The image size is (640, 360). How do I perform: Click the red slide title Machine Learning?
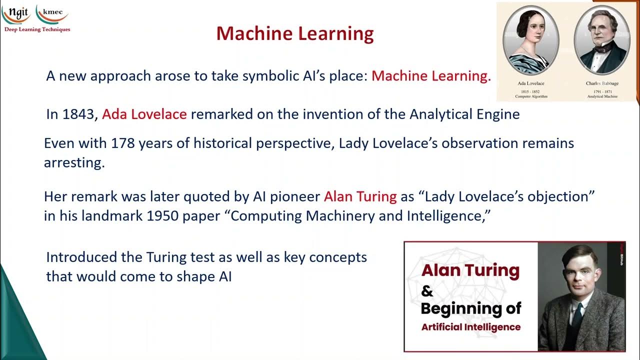click(295, 33)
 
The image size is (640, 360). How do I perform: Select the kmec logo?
click(52, 13)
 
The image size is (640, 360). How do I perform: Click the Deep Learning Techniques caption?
click(37, 29)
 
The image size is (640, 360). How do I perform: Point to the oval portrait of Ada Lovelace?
click(530, 40)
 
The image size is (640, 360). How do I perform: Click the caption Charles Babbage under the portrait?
click(602, 83)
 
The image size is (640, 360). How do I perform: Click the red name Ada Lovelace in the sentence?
click(144, 114)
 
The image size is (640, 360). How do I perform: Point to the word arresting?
click(74, 163)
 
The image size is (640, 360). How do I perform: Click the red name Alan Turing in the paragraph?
click(360, 196)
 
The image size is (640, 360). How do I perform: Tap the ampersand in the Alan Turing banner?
click(427, 290)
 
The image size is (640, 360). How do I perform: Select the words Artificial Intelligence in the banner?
click(470, 327)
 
